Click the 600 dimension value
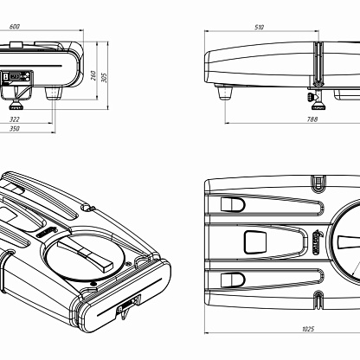[x=15, y=27]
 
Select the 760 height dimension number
[x=93, y=75]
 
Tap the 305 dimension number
[x=104, y=77]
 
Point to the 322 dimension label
[x=15, y=119]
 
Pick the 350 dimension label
[x=15, y=129]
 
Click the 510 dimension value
[x=259, y=28]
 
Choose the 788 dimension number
[x=312, y=119]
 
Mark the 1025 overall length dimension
[x=308, y=329]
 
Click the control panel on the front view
[x=17, y=77]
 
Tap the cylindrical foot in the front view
[x=54, y=93]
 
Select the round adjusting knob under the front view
[x=16, y=107]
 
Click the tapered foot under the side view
[x=225, y=92]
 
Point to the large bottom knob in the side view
[x=318, y=106]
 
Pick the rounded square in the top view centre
[x=255, y=242]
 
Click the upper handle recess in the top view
[x=233, y=204]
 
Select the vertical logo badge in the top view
[x=317, y=242]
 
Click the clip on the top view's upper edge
[x=318, y=183]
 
